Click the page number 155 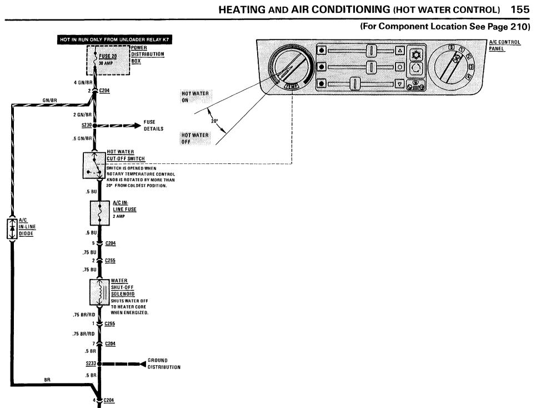520,9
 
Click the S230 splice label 86,126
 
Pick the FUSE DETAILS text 153,126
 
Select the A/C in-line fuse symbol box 98,213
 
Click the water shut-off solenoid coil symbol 99,292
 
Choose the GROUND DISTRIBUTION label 164,364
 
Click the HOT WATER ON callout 195,97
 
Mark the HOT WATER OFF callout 195,138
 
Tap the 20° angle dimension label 214,121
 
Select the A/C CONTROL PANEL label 504,45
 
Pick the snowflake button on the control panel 415,54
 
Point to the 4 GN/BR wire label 83,82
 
